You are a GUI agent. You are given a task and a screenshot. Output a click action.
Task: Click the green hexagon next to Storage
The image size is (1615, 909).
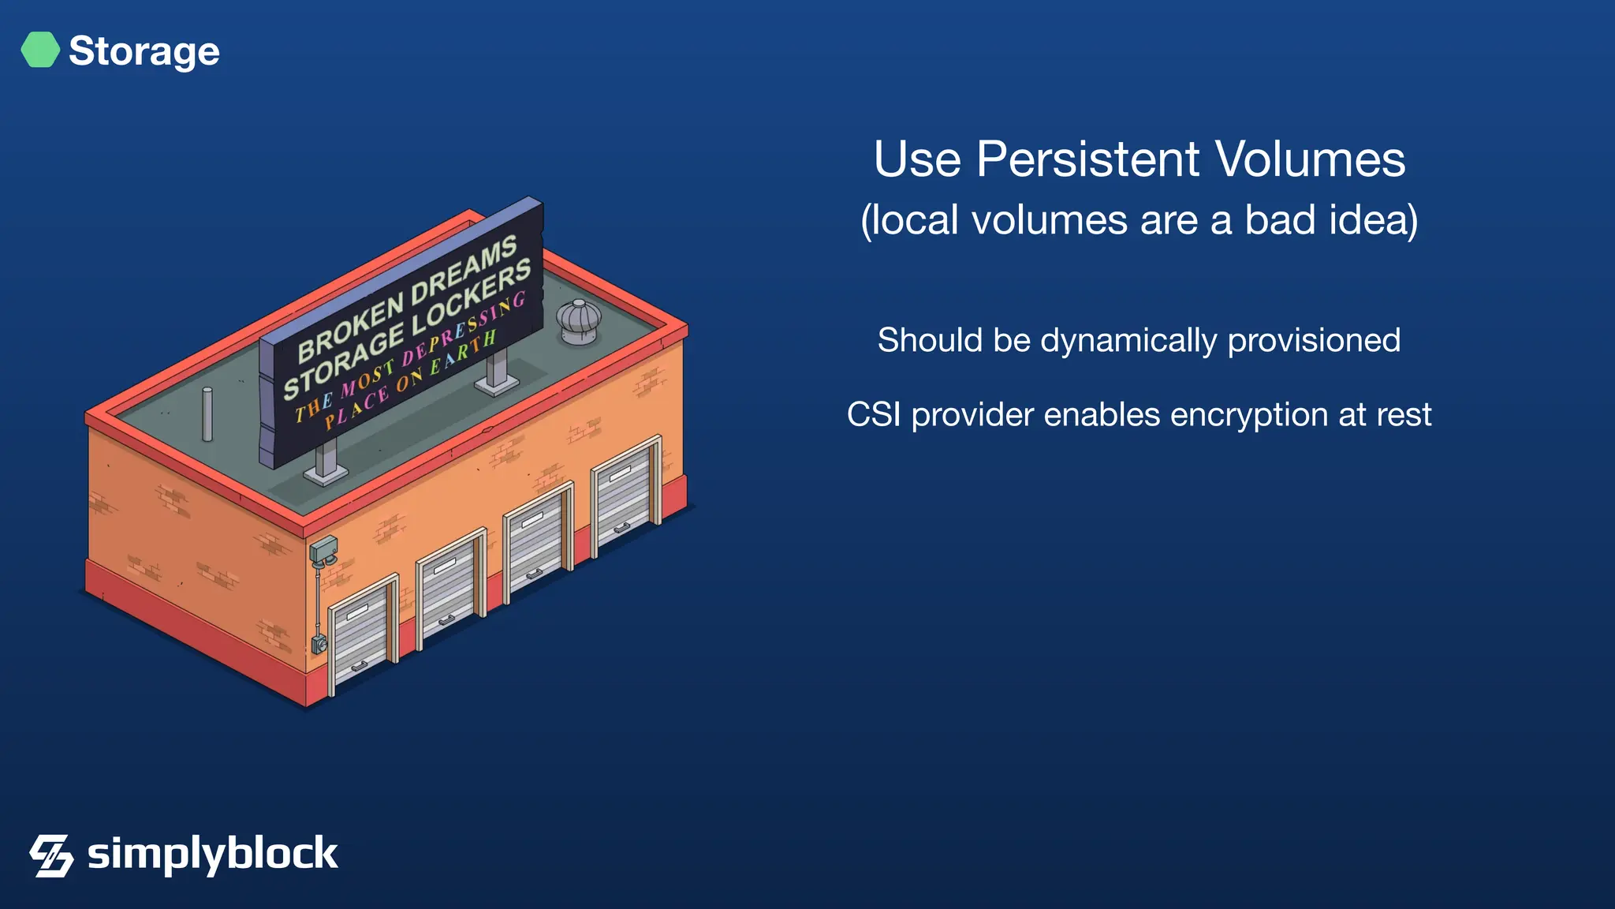pyautogui.click(x=40, y=50)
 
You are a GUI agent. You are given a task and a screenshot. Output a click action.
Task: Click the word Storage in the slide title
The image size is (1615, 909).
pyautogui.click(x=144, y=52)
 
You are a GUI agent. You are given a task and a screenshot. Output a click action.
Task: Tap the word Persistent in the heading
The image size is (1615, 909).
pyautogui.click(x=1089, y=160)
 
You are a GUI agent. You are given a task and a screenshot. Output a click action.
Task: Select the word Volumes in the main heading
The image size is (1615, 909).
pyautogui.click(x=1310, y=160)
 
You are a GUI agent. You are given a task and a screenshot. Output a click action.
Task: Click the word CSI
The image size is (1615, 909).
pyautogui.click(x=873, y=415)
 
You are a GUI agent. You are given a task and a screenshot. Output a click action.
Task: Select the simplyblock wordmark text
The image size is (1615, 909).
pyautogui.click(x=212, y=854)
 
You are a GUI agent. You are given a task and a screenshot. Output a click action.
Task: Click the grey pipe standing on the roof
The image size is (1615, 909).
pyautogui.click(x=207, y=414)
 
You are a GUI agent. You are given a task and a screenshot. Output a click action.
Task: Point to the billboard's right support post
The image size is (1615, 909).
pyautogui.click(x=497, y=369)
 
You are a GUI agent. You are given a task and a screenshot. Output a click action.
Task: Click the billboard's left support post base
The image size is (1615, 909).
pyautogui.click(x=325, y=473)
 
